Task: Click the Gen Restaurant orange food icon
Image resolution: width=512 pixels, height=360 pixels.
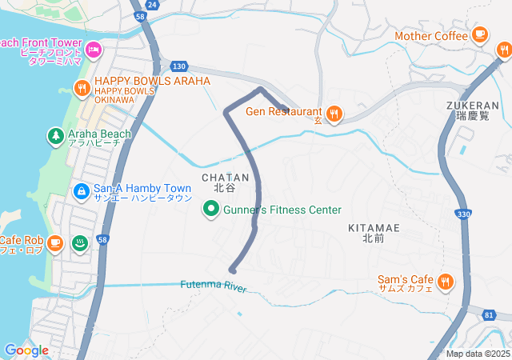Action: [334, 114]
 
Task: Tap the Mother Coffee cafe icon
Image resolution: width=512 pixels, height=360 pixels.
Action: [479, 34]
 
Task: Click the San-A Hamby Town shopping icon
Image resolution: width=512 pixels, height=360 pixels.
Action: [81, 191]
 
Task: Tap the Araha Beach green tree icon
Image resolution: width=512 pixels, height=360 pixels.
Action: [55, 136]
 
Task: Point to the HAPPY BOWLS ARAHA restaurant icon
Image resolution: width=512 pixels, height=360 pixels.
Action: [81, 87]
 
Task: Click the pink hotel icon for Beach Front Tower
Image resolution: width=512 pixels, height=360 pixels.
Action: [93, 50]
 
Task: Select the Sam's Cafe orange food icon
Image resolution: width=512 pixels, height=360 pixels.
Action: [445, 282]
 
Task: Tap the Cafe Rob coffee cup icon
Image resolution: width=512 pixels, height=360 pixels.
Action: [54, 242]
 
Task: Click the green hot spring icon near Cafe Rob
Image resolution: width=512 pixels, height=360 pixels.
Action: [80, 242]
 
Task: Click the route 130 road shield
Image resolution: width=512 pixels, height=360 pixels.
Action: [178, 66]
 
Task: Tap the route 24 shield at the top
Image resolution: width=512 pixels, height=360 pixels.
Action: [153, 5]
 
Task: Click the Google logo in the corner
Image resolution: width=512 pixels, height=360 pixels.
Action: [26, 350]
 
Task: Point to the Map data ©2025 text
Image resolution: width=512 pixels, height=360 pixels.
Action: [478, 354]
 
